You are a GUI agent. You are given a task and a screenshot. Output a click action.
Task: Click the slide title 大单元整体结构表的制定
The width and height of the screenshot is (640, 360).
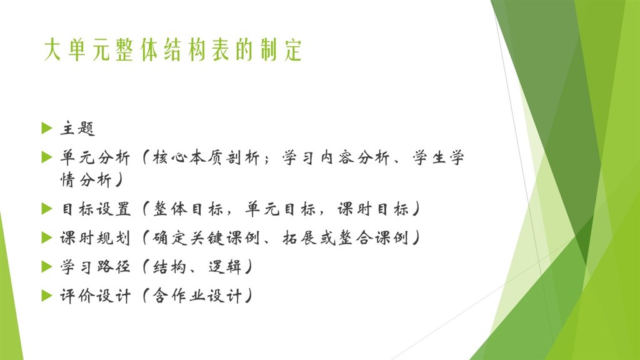click(x=173, y=51)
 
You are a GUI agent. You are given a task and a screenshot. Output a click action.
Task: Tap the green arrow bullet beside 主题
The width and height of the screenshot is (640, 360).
click(x=46, y=128)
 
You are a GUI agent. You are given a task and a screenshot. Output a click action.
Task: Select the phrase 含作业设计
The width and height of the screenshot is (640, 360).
click(x=196, y=296)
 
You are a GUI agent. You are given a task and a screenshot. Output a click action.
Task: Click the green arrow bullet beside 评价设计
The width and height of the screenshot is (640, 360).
click(x=46, y=295)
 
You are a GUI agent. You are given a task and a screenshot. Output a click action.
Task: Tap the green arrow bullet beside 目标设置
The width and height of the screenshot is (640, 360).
click(x=46, y=209)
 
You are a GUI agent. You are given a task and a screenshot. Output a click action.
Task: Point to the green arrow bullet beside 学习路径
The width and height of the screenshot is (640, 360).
click(x=46, y=266)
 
